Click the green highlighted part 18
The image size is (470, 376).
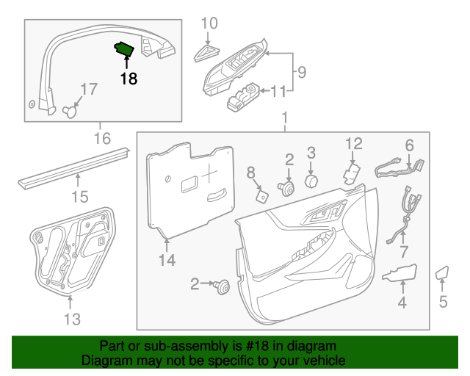tap(123, 50)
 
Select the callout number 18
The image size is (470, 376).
tap(129, 79)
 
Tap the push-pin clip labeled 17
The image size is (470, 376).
tap(71, 111)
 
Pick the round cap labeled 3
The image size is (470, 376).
tap(311, 181)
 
